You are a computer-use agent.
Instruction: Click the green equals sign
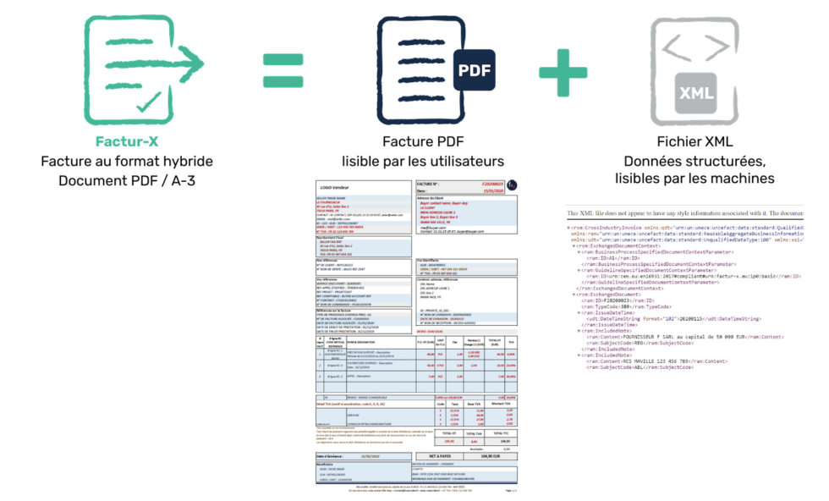click(x=283, y=70)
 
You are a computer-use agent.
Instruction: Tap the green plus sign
click(x=563, y=70)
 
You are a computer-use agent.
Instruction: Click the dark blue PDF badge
click(x=472, y=71)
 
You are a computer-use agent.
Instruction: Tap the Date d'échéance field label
click(x=337, y=455)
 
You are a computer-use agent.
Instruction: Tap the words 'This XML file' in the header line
click(x=587, y=214)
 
